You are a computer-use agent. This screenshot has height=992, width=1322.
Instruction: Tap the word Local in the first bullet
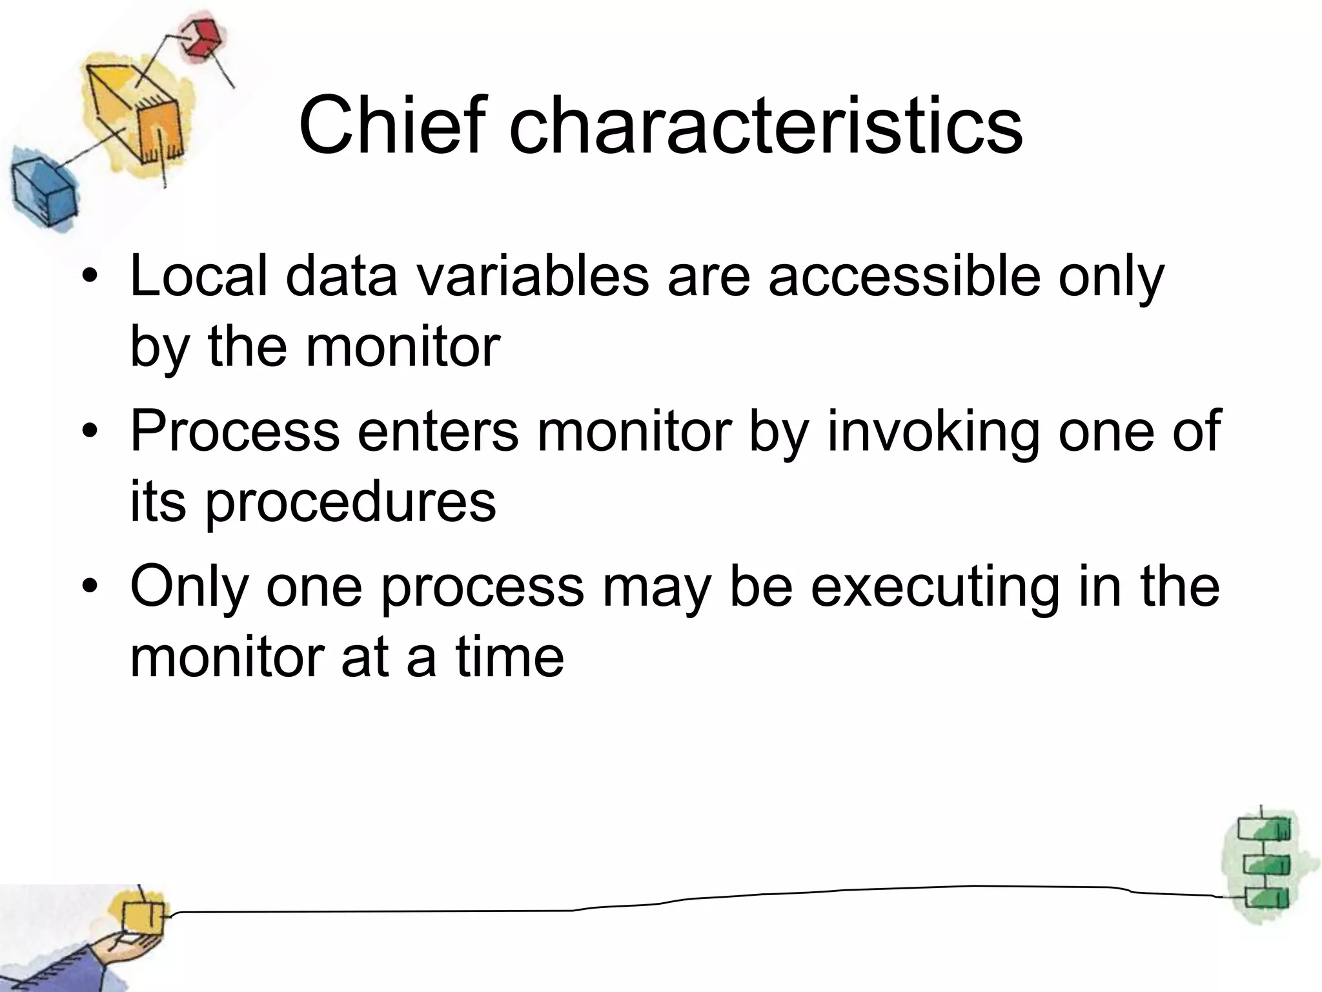(198, 276)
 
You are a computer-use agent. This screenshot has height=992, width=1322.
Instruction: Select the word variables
(532, 276)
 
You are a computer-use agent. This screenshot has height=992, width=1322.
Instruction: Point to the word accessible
(904, 276)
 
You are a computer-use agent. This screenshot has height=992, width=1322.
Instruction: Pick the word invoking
(933, 431)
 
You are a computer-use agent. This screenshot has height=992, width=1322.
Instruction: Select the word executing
(935, 586)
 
